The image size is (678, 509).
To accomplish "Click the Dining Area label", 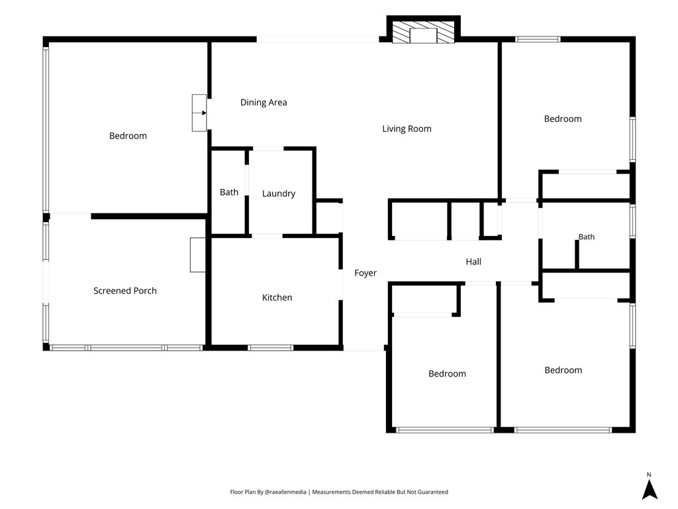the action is [264, 103].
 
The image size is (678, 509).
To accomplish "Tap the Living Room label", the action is [407, 129].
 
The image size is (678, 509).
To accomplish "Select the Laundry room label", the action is [279, 194].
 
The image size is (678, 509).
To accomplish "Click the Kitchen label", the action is [277, 298].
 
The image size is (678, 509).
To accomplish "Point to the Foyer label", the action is [365, 273].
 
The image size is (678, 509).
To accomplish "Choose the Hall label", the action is [473, 261].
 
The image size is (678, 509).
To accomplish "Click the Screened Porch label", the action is [125, 291].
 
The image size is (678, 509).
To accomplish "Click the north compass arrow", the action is [649, 490].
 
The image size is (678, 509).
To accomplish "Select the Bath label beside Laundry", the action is [228, 192].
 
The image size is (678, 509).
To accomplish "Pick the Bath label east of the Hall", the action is [587, 237].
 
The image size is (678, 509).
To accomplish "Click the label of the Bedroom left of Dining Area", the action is [128, 136].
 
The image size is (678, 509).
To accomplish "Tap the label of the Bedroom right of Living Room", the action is [563, 119].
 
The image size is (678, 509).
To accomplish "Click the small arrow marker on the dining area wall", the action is [204, 113].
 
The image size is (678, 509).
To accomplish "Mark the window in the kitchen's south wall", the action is [271, 347].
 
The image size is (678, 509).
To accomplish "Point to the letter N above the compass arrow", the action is [649, 475].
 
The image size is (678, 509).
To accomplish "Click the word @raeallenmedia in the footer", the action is [285, 492].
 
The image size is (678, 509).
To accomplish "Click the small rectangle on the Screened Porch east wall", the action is [197, 255].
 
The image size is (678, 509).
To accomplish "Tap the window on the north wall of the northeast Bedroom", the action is [538, 39].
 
